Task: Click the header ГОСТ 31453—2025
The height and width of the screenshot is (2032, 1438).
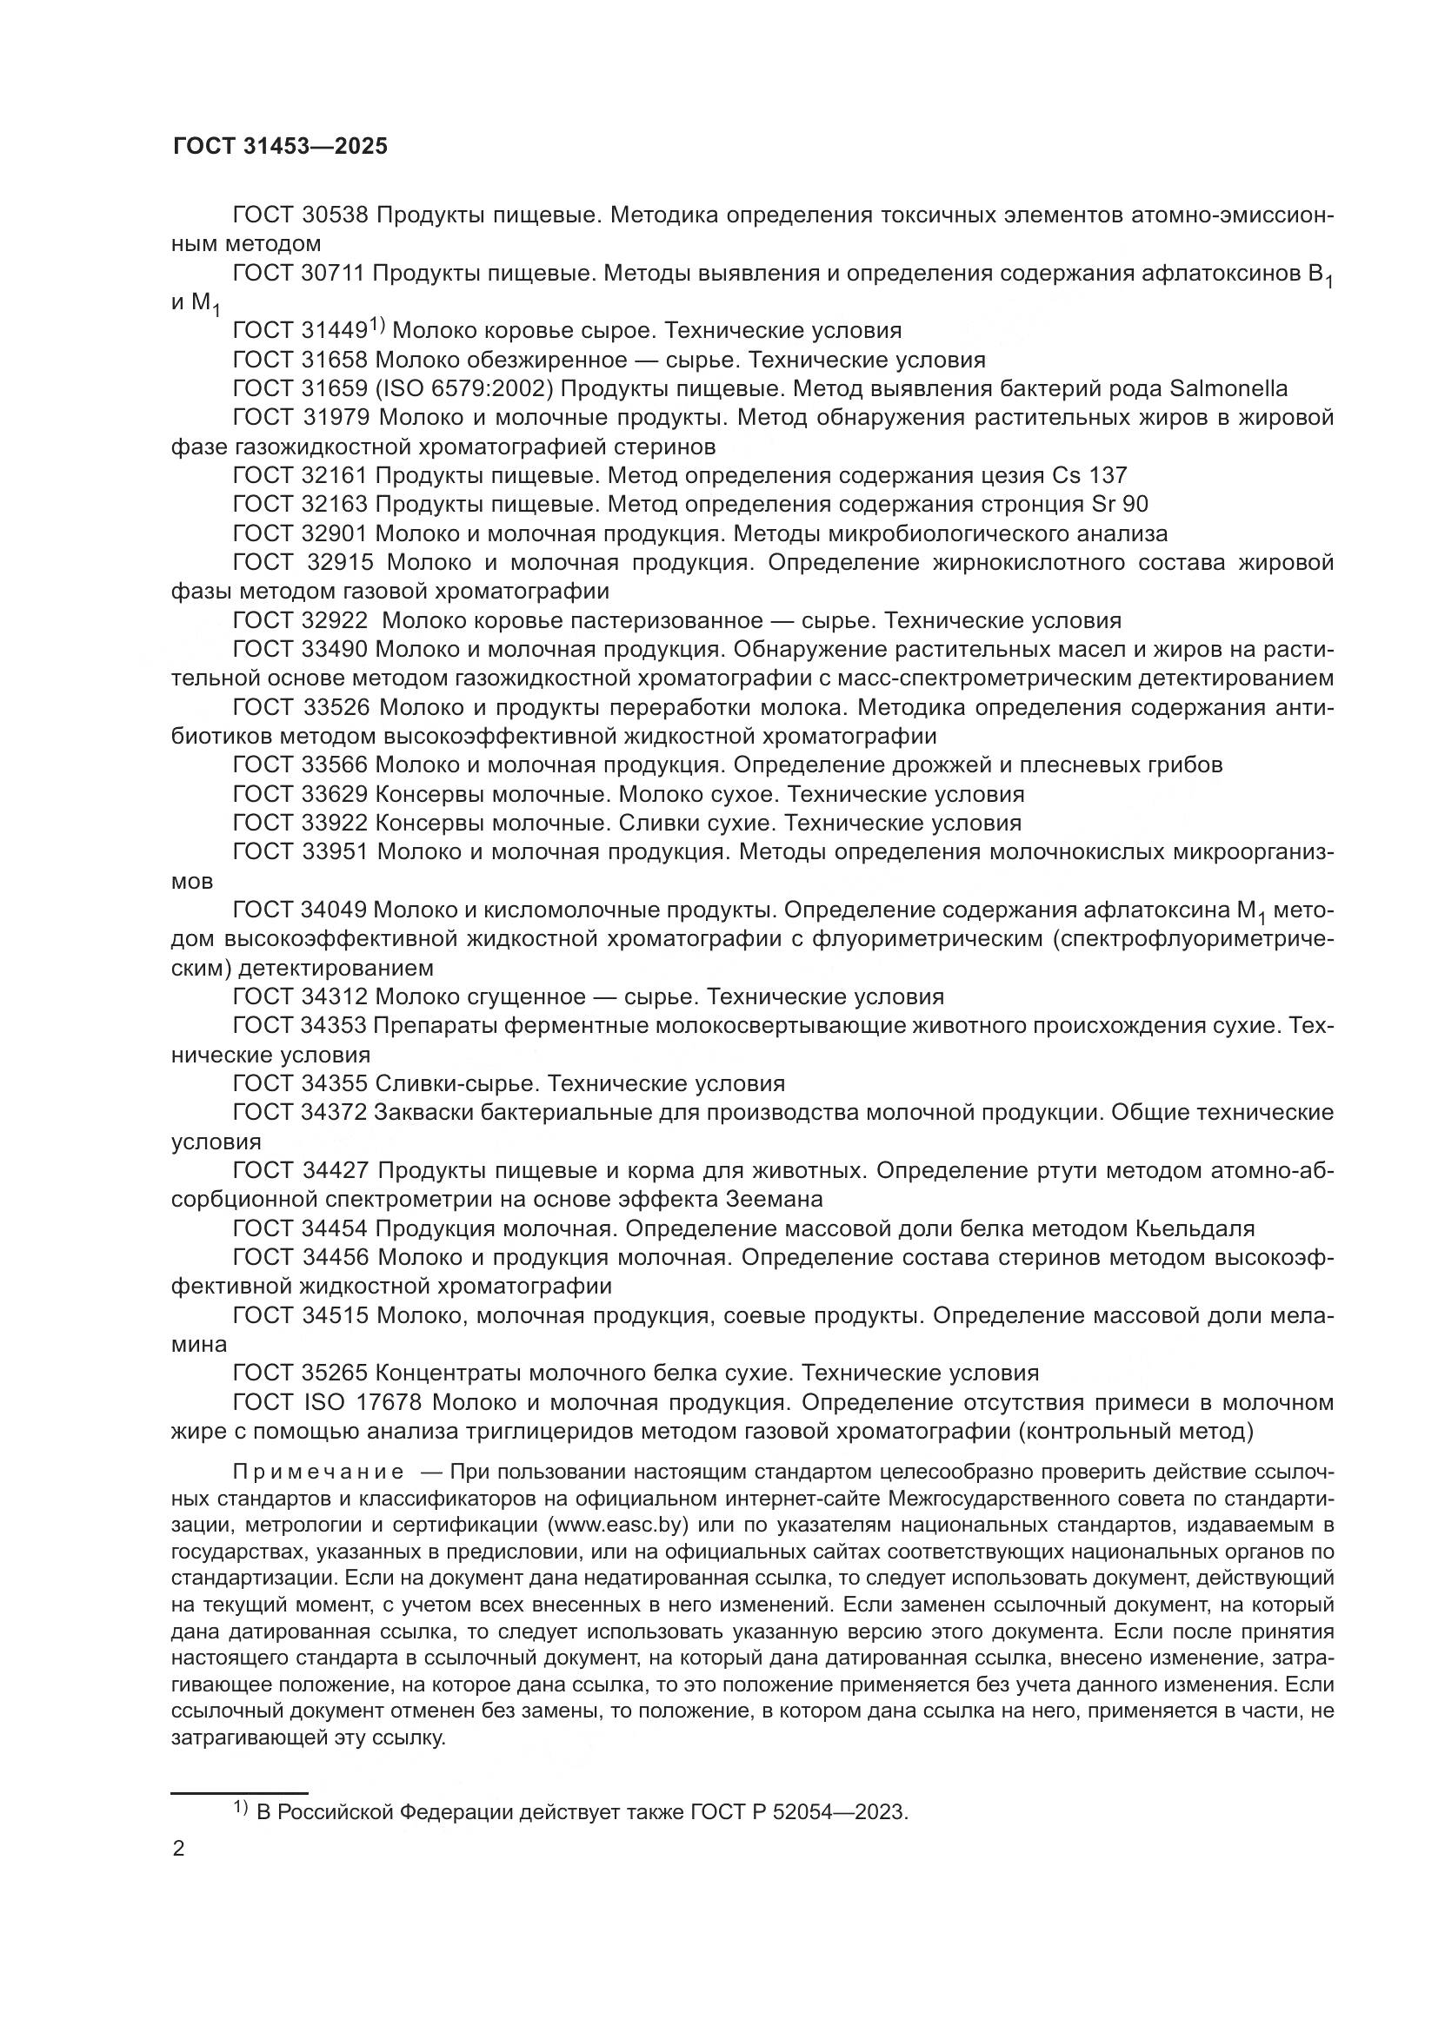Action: pyautogui.click(x=280, y=147)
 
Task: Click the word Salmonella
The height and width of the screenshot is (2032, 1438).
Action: pyautogui.click(x=1228, y=388)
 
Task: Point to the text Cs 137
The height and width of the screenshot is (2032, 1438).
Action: pyautogui.click(x=1089, y=475)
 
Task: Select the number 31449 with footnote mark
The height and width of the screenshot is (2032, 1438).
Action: pyautogui.click(x=334, y=331)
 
